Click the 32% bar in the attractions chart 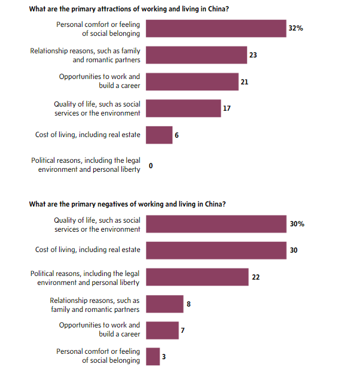coord(216,29)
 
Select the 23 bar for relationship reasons coord(196,55)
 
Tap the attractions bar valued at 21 coord(191,81)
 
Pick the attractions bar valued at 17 coord(183,108)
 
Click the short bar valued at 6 coord(159,135)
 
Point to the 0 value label coord(151,165)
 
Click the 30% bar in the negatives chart coord(216,224)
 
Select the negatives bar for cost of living coord(216,250)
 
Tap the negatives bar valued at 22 coord(197,277)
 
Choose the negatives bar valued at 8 coord(164,304)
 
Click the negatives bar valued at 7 coord(162,330)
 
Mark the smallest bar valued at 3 coord(153,356)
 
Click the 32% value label coord(297,28)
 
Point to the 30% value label coord(297,224)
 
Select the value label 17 coord(227,108)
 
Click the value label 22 coord(256,277)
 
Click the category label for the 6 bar coord(88,135)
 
